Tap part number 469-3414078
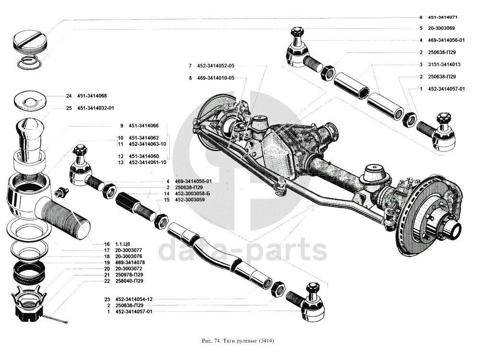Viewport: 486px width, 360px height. (131, 263)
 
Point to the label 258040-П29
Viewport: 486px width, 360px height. (129, 281)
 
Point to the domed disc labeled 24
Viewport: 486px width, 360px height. (30, 99)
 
